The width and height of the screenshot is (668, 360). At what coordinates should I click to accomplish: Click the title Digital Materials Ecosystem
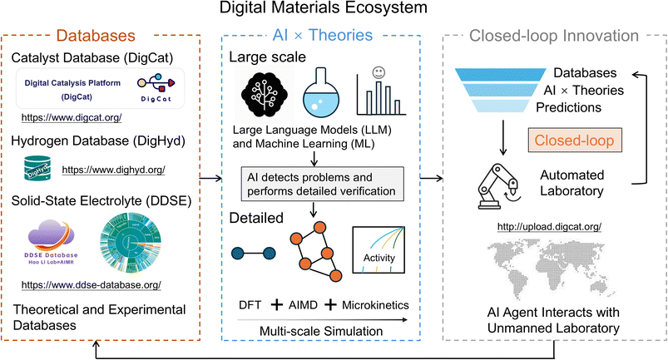[x=333, y=10]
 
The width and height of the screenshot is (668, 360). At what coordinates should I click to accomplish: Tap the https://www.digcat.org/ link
[x=73, y=117]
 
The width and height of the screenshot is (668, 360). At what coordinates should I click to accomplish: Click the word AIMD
[x=323, y=305]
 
